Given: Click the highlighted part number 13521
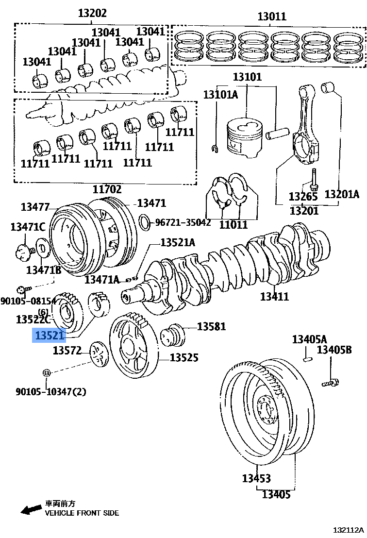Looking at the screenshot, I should coord(49,336).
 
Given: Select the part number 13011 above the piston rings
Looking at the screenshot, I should coord(271,17).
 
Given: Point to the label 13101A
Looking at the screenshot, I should coord(220,94).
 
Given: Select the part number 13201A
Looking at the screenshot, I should coord(342,195).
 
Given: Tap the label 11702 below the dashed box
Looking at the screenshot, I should coord(107,189).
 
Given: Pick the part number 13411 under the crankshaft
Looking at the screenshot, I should coord(274,296).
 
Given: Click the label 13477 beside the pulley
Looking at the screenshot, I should coord(35,207).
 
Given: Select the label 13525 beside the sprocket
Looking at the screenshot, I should coord(184,358).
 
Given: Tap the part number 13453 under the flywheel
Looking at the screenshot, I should coord(256,478).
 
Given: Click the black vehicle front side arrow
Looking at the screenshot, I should coord(31,509).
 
